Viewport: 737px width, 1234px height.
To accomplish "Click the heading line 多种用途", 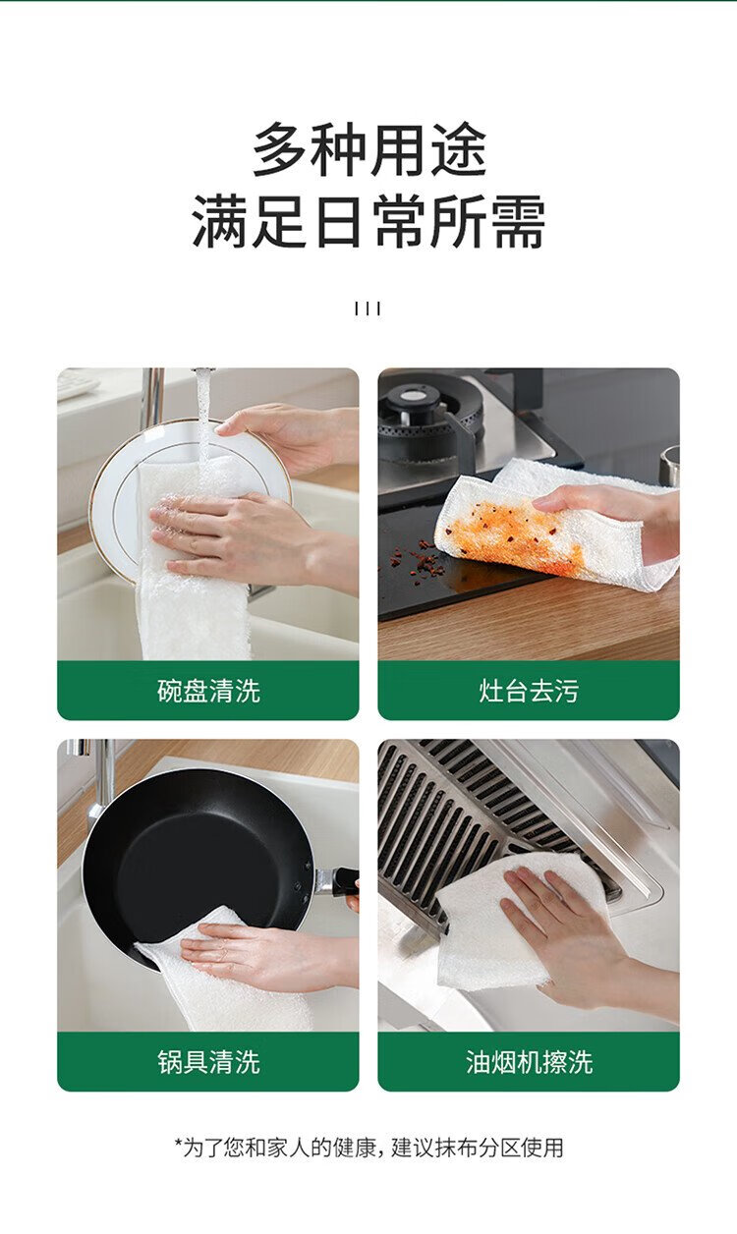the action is coord(369,149).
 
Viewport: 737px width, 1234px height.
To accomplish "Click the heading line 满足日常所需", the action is coord(369,221).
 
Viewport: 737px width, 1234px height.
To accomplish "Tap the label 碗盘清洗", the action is coord(208,691).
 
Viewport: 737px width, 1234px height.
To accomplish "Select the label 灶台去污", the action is coord(529,691).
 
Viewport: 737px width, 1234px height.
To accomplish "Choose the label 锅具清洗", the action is coord(208,1061).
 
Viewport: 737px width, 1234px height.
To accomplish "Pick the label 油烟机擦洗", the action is coord(529,1061).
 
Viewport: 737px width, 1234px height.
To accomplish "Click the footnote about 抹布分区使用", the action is coord(369,1147).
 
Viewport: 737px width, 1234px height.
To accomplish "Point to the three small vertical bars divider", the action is coord(368,308).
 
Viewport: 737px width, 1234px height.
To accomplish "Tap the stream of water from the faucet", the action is coord(205,419).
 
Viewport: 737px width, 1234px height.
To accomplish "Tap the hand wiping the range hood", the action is coord(573,936).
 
